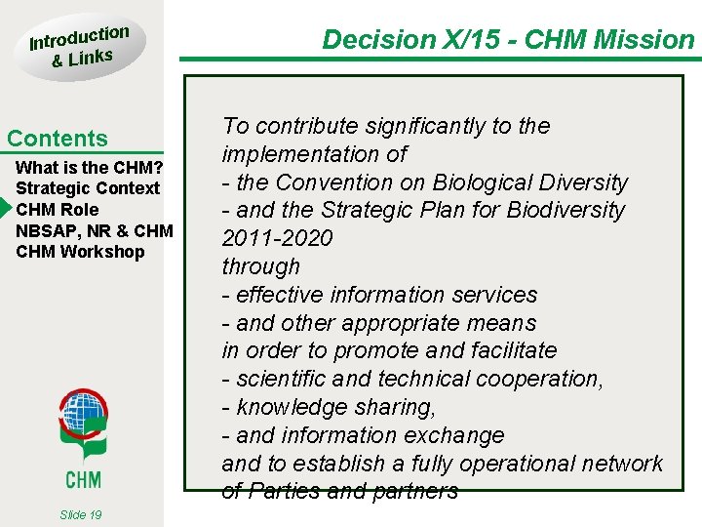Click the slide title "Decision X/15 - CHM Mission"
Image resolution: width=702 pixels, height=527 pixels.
pyautogui.click(x=508, y=40)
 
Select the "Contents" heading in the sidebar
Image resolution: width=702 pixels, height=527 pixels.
pyautogui.click(x=58, y=139)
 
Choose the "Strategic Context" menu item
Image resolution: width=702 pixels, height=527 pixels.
pyautogui.click(x=88, y=188)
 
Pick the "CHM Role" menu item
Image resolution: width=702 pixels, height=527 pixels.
pyautogui.click(x=58, y=209)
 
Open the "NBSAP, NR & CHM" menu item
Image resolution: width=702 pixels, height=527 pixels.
pyautogui.click(x=95, y=230)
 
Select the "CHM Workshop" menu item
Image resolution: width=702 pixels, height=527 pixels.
pyautogui.click(x=80, y=252)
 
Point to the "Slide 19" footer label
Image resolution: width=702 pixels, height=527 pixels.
pyautogui.click(x=81, y=514)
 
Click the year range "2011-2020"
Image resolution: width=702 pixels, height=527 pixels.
pyautogui.click(x=277, y=238)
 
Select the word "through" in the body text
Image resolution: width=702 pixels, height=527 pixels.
pyautogui.click(x=261, y=266)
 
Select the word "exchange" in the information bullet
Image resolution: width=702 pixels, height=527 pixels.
pyautogui.click(x=458, y=435)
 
